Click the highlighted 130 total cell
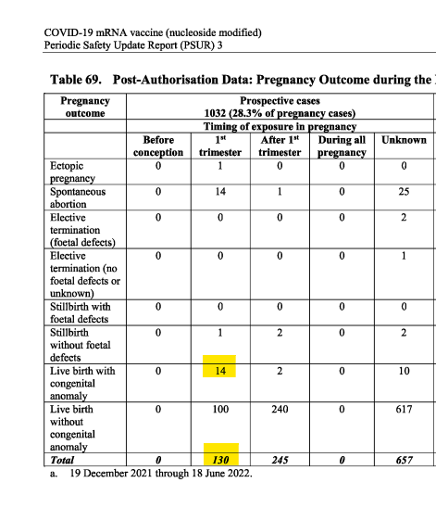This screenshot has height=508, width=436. point(220,458)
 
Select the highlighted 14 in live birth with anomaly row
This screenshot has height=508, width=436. point(220,371)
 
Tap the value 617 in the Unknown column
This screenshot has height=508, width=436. point(404,409)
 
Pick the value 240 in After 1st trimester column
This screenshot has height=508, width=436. point(280,409)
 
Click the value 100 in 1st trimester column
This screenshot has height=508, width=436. point(220,409)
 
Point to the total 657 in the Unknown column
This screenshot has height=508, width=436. point(404,458)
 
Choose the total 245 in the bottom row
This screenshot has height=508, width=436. point(280,458)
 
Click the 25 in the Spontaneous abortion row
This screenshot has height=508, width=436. point(404,192)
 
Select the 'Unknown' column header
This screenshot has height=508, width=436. point(404,140)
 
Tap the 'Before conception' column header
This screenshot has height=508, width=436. point(158,146)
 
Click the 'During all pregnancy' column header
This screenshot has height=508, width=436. point(342,146)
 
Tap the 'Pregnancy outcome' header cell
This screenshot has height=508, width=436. point(85,107)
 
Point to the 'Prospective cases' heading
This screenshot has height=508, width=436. point(280,100)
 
